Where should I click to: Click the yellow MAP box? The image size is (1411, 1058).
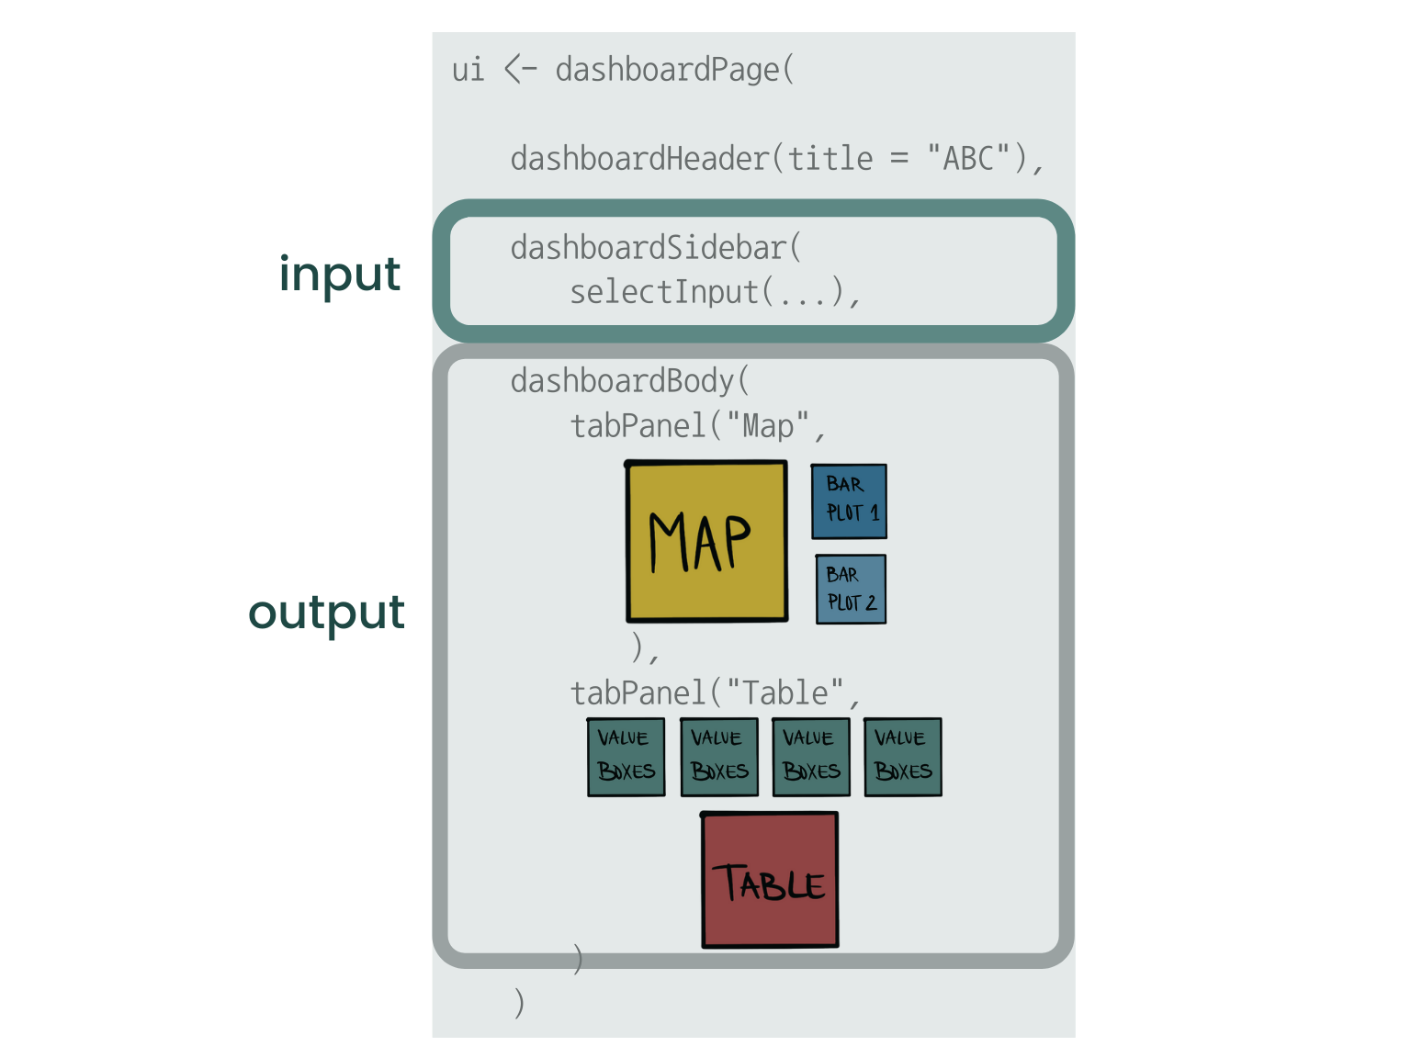(x=706, y=541)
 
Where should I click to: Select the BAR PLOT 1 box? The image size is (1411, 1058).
(x=849, y=501)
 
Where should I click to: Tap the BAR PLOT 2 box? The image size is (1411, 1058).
(x=851, y=589)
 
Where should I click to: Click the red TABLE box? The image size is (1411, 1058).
(x=770, y=880)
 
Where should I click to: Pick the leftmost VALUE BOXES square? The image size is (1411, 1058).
(x=626, y=757)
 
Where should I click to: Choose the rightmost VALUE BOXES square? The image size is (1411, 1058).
(x=902, y=757)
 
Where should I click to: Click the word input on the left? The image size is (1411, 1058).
(x=340, y=275)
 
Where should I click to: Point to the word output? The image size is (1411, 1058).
(x=326, y=613)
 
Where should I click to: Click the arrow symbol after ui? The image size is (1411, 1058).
(x=520, y=70)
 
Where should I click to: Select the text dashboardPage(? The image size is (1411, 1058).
(x=675, y=70)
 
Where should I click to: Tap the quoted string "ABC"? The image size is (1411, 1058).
(x=969, y=159)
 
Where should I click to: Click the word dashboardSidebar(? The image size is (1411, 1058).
(x=656, y=248)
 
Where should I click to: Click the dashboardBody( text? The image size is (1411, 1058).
(x=630, y=381)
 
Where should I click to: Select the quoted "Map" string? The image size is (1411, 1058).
(x=768, y=426)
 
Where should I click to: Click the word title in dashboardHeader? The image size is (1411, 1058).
(x=830, y=159)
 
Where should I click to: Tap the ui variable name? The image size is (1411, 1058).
(x=468, y=70)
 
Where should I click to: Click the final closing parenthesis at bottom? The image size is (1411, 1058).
(x=519, y=1004)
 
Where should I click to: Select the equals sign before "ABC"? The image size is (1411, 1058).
(x=899, y=158)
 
